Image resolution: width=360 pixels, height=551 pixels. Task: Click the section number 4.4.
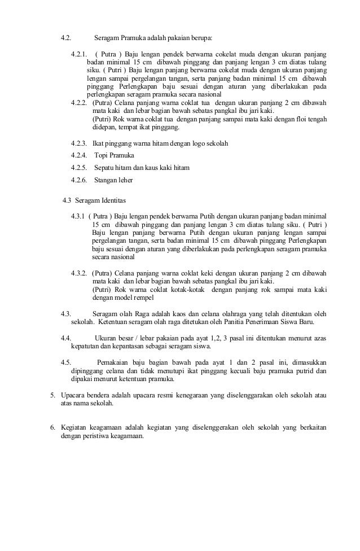point(65,338)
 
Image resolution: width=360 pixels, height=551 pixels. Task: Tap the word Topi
point(103,155)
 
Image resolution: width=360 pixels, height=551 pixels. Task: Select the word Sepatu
point(105,168)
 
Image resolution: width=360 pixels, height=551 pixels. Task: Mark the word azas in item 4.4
point(319,338)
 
